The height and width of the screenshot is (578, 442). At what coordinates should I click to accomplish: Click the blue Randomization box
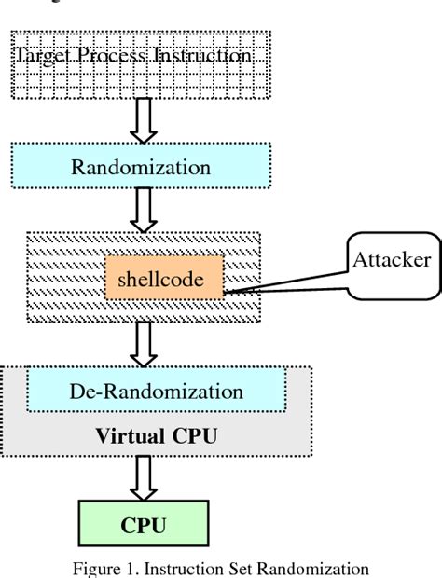click(141, 168)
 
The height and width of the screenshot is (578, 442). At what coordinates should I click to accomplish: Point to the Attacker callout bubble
click(391, 260)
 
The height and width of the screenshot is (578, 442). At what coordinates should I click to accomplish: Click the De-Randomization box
click(156, 391)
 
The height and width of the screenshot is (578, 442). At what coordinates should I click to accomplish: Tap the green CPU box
click(143, 525)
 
